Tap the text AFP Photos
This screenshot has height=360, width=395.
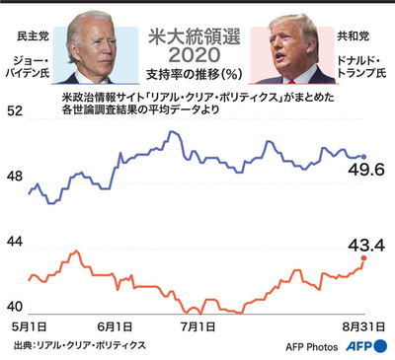point(312,347)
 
